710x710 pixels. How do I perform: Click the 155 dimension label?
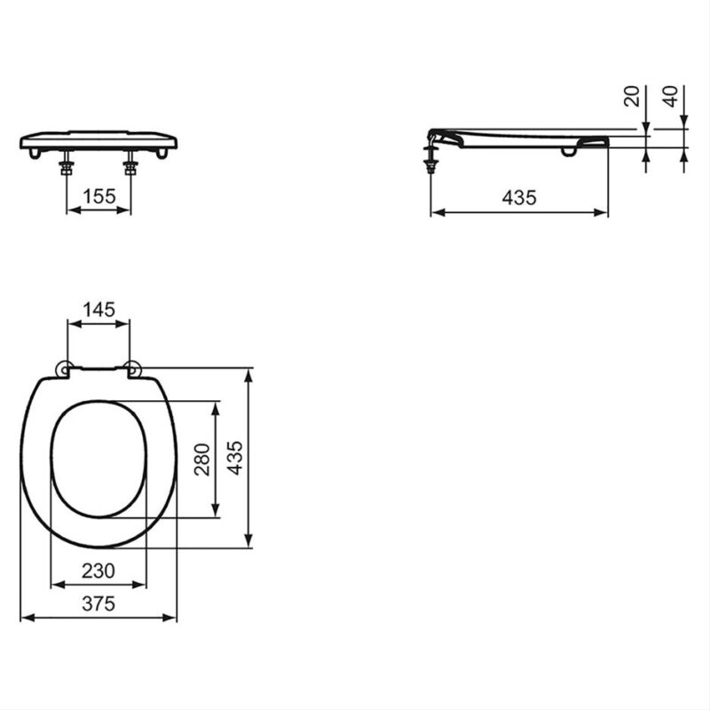click(99, 196)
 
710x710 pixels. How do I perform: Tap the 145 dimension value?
click(99, 310)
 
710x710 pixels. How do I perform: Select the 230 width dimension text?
click(99, 571)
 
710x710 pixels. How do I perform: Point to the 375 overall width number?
click(99, 603)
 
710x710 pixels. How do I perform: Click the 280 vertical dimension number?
click(202, 459)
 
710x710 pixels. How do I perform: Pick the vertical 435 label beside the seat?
click(234, 458)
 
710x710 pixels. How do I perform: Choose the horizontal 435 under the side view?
click(519, 197)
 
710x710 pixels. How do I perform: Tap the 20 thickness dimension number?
click(632, 97)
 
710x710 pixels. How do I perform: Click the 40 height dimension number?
click(671, 97)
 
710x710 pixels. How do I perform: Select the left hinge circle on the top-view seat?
click(64, 369)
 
